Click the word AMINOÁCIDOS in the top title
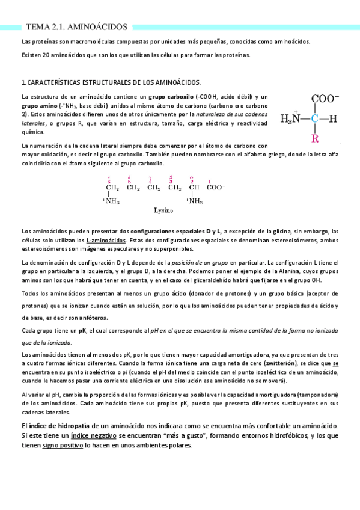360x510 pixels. pos(99,27)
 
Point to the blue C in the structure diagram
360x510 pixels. pos(315,119)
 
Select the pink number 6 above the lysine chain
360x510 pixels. pos(109,179)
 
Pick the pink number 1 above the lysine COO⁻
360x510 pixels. pos(209,181)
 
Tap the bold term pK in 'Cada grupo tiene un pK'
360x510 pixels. pos(83,331)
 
